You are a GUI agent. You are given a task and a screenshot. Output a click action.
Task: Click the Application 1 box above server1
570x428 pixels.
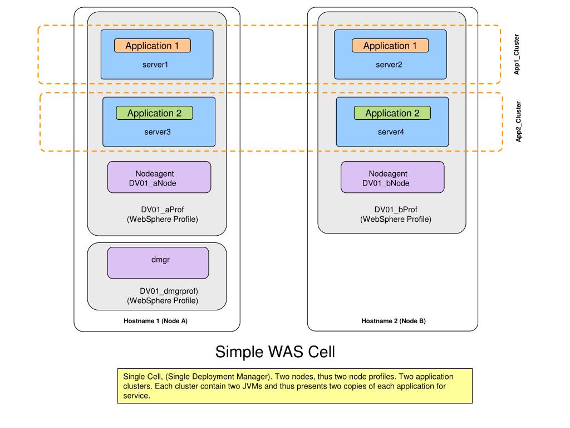point(153,46)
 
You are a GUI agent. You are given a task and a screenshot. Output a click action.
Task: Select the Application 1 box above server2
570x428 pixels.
point(390,46)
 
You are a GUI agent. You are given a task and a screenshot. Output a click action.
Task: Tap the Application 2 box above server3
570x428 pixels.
point(155,113)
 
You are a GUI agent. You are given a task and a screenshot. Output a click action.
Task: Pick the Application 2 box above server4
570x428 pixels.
point(392,113)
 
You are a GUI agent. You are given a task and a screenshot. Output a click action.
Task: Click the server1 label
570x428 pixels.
point(155,65)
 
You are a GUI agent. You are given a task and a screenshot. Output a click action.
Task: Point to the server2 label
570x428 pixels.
point(389,65)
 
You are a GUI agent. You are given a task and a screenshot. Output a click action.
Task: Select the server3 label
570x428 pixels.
point(158,132)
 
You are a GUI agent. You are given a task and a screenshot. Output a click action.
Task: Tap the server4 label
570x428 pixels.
point(391,132)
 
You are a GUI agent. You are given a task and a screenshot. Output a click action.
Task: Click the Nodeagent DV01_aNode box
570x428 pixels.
point(159,177)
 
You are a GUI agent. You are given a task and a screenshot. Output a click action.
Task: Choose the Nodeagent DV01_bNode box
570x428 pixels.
point(392,177)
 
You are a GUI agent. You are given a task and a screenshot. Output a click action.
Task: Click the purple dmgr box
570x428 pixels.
point(158,263)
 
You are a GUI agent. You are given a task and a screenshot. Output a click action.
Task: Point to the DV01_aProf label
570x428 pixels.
point(163,210)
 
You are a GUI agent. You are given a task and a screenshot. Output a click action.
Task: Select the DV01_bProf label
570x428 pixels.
point(396,210)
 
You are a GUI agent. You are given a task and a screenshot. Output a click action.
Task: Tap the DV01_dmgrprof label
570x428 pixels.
point(169,291)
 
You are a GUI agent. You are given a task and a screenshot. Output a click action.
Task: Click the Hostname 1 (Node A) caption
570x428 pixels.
point(156,321)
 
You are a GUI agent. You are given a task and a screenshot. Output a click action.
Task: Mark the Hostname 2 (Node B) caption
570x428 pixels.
point(394,321)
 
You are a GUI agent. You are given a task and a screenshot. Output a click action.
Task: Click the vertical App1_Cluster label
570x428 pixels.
point(517,55)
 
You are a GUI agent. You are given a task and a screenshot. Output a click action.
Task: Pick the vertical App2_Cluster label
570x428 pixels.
point(518,121)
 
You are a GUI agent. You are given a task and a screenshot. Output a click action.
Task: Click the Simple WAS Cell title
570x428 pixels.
point(275,352)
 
